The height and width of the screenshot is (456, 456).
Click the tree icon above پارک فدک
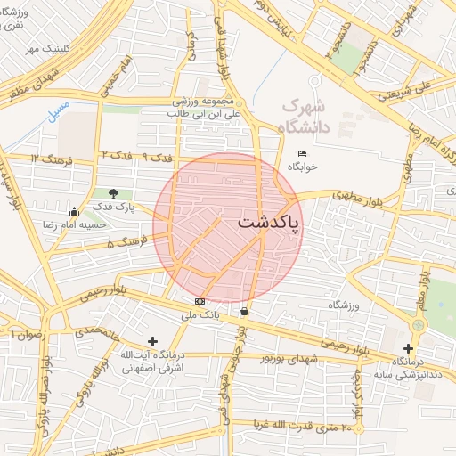(x=113, y=192)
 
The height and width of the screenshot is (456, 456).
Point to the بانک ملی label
(x=199, y=314)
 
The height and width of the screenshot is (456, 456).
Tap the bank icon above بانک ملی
(x=199, y=302)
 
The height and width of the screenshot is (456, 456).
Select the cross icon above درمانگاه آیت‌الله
(x=152, y=341)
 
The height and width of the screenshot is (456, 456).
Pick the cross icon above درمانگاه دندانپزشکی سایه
(x=408, y=348)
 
